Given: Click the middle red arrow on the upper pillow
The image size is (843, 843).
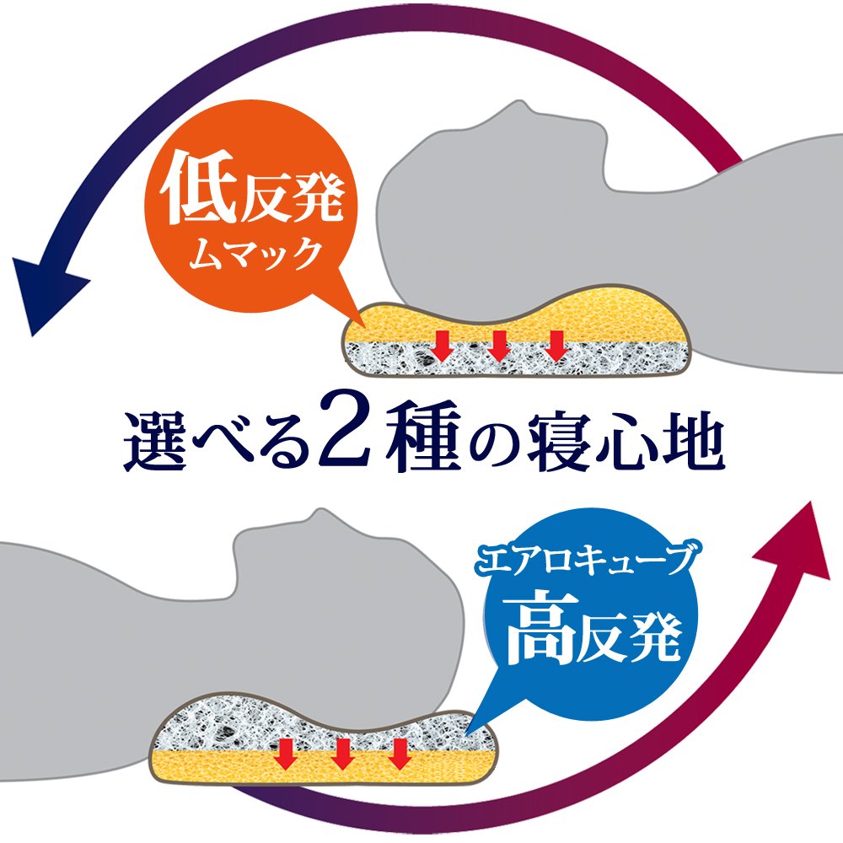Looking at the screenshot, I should click(x=498, y=344).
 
